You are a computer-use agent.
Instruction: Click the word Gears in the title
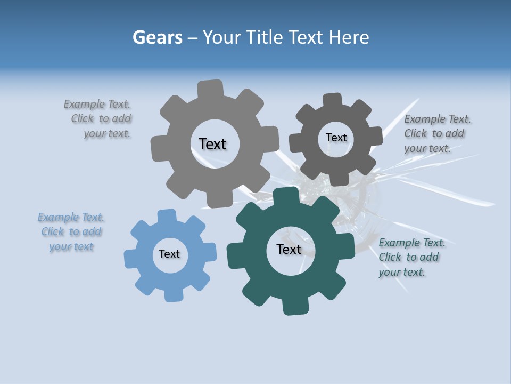[157, 37]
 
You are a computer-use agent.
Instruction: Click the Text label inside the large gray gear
[212, 144]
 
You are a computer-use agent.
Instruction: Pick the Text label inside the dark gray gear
[336, 138]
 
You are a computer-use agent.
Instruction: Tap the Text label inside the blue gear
[169, 254]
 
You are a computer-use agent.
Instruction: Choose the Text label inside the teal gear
[289, 250]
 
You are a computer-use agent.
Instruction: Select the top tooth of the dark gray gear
[332, 101]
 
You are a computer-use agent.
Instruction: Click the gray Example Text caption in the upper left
[98, 119]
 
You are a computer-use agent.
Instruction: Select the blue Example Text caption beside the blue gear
[71, 232]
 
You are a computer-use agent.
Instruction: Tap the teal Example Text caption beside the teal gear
[411, 258]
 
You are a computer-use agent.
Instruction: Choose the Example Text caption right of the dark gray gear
[437, 134]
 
